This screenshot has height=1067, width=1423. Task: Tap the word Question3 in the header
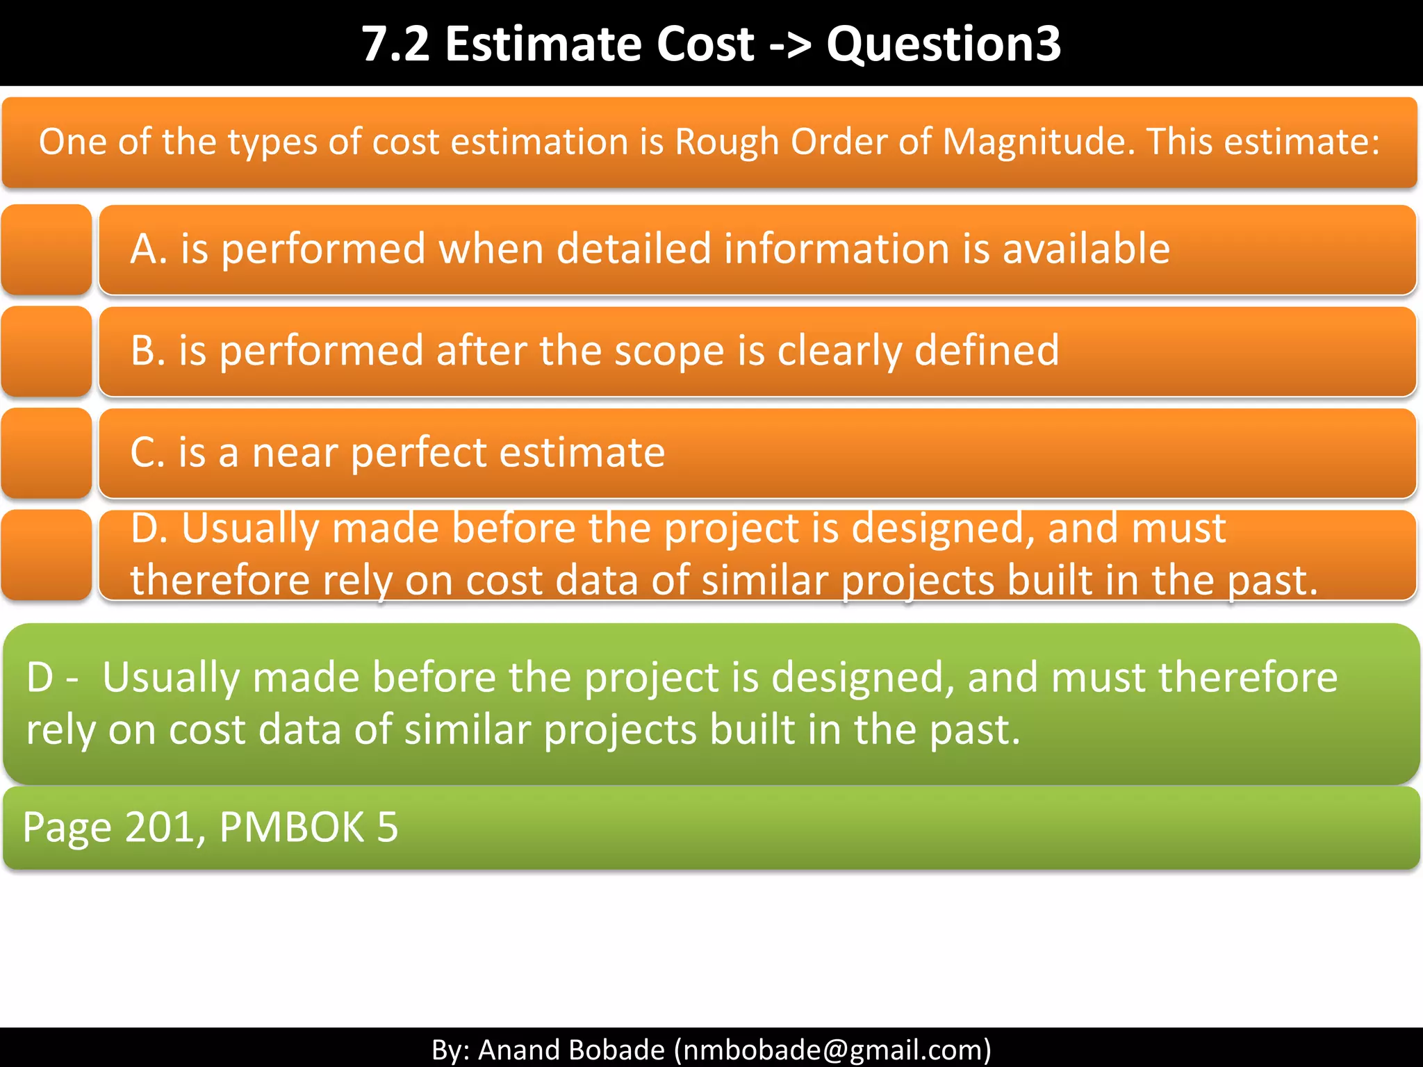(x=944, y=44)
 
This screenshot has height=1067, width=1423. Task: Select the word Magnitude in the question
(x=1038, y=142)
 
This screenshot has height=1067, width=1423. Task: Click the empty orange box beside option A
(x=47, y=249)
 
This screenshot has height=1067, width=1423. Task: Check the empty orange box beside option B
(x=47, y=351)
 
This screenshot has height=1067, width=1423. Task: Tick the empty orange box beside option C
(x=47, y=453)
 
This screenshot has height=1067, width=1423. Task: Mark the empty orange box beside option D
(x=47, y=554)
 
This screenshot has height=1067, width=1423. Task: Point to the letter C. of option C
(x=147, y=453)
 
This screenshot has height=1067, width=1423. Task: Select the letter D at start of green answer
(x=40, y=677)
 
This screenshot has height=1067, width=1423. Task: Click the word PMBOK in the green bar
(x=292, y=827)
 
